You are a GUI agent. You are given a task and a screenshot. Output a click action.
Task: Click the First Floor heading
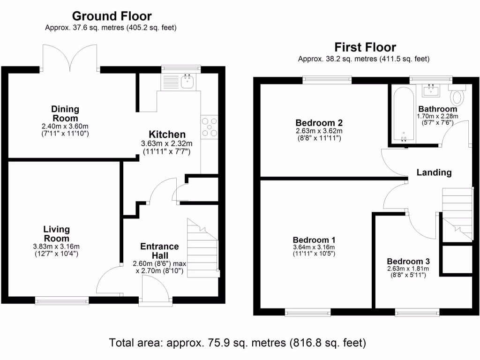click(365, 47)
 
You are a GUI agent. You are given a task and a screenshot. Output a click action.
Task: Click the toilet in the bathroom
click(457, 97)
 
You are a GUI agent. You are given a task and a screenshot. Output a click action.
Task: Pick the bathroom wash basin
click(430, 89)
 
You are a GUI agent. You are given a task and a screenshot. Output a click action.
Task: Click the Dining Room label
click(65, 113)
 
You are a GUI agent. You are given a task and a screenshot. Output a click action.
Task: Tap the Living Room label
click(56, 233)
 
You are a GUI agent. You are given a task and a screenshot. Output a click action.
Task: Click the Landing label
click(434, 172)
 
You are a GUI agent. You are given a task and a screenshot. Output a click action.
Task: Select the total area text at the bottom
click(237, 343)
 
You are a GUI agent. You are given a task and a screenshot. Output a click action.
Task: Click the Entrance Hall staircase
click(202, 248)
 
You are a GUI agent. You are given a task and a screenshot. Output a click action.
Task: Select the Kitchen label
click(167, 135)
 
